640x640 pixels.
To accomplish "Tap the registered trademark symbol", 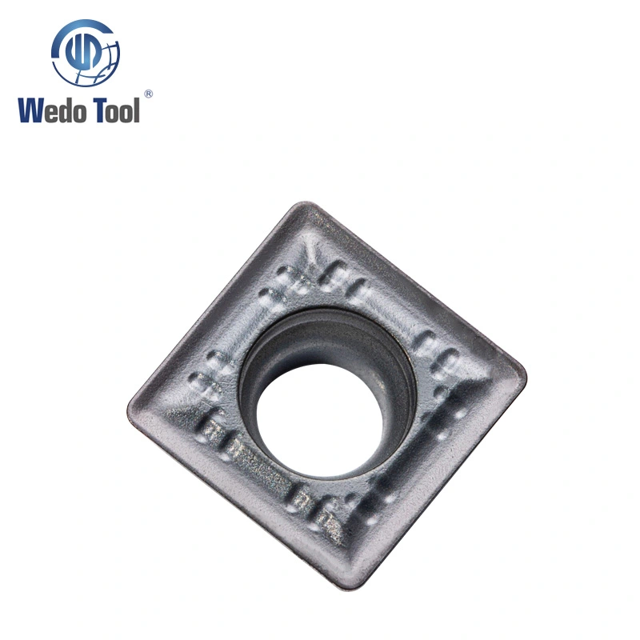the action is [x=149, y=94].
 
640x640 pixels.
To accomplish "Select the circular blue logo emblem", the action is [x=86, y=53].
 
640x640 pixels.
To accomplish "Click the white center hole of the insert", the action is [x=321, y=421].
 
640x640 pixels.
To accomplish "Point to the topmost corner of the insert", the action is [x=306, y=203].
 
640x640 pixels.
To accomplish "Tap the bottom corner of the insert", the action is [x=347, y=588].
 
